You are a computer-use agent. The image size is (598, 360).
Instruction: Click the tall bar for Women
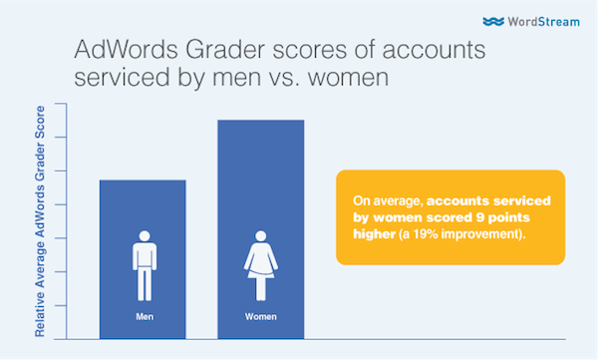261,180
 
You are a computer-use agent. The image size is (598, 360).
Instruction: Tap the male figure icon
143,265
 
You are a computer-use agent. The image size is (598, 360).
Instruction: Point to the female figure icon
261,265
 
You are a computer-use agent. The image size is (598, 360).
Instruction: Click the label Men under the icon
143,317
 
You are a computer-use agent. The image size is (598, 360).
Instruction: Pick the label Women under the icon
261,317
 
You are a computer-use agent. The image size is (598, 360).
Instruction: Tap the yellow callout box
450,217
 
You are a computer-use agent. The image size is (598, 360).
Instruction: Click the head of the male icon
143,236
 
